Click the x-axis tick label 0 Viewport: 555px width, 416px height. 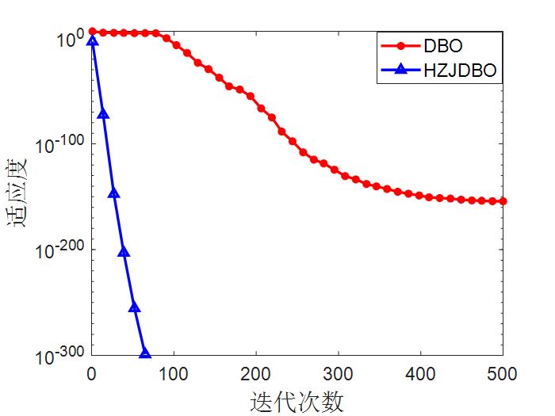92,372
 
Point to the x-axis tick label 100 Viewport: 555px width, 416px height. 174,372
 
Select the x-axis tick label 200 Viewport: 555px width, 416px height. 256,372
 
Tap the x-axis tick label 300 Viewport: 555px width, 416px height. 339,372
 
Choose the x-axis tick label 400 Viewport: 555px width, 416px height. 421,372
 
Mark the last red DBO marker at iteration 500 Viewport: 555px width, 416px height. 503,201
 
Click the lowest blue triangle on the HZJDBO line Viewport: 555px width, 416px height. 145,353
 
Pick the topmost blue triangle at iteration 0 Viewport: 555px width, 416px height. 93,40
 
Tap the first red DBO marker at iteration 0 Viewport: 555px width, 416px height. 93,32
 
